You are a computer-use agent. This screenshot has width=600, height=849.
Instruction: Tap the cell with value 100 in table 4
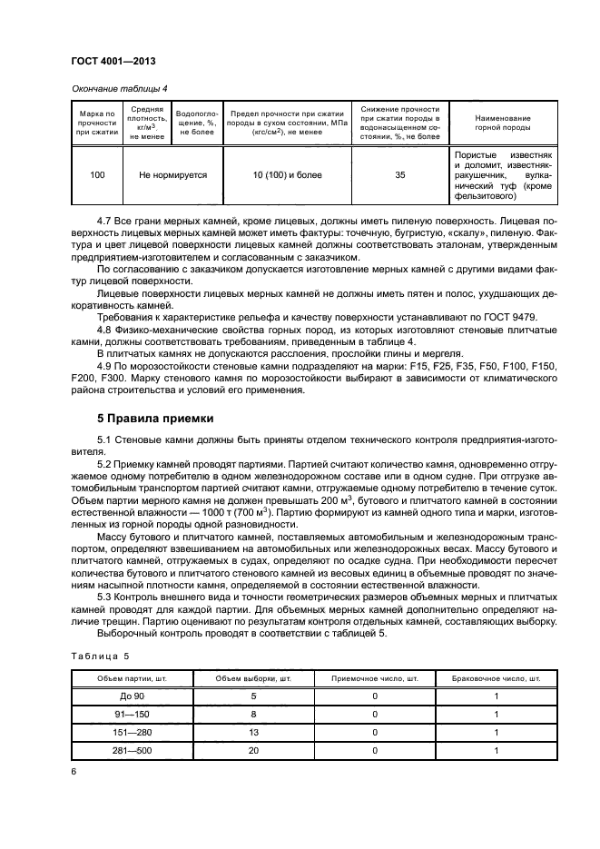coord(97,176)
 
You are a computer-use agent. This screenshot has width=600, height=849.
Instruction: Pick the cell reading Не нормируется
coord(172,176)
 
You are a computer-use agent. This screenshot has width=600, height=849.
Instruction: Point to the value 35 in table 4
coord(400,176)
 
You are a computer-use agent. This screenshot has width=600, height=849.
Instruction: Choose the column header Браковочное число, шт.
coord(497,678)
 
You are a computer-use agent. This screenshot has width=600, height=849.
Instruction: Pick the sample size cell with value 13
coord(253,733)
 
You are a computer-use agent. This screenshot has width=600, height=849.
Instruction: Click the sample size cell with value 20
coord(253,751)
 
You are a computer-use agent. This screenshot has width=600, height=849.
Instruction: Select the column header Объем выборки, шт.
coord(253,678)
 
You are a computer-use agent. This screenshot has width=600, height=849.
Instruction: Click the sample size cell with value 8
coord(253,715)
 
